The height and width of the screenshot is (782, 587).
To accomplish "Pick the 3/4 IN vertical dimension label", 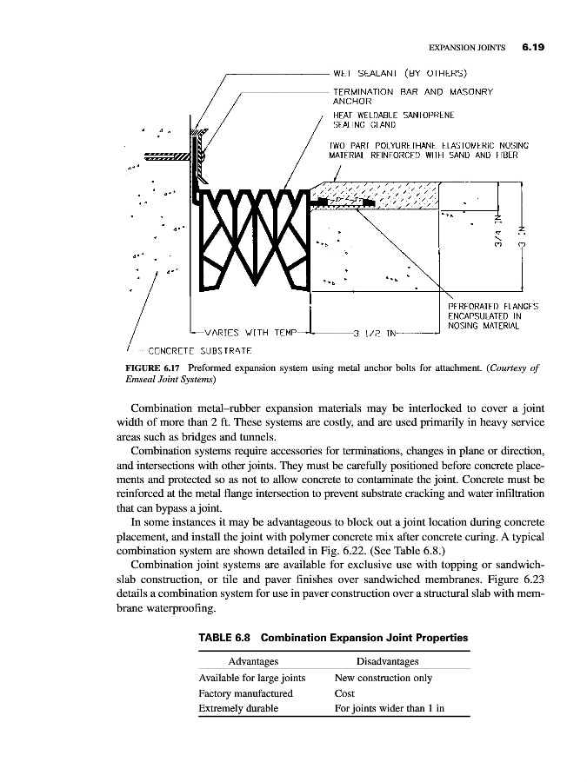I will click(x=498, y=230).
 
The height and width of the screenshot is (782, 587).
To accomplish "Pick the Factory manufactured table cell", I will click(x=246, y=693).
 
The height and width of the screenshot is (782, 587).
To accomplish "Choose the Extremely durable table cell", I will click(x=238, y=708).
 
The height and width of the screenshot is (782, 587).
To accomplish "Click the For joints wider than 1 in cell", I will click(x=390, y=708).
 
